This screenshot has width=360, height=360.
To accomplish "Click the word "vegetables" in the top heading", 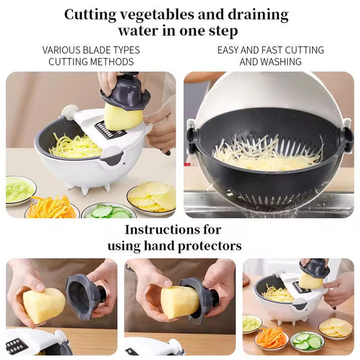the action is [x=157, y=15].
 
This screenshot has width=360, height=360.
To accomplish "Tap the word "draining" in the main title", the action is [x=258, y=15].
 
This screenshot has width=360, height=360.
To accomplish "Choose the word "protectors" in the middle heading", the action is [x=209, y=246].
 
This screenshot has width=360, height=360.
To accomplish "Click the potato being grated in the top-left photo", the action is [x=122, y=117].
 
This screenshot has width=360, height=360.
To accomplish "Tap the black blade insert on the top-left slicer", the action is [x=109, y=130].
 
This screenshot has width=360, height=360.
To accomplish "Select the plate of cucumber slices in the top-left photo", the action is [x=109, y=211].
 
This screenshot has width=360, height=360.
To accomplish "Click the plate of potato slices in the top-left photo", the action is [x=152, y=198].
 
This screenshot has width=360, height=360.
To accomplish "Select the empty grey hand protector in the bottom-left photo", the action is [x=84, y=297].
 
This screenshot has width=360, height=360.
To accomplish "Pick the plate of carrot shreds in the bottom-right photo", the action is [x=272, y=338].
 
